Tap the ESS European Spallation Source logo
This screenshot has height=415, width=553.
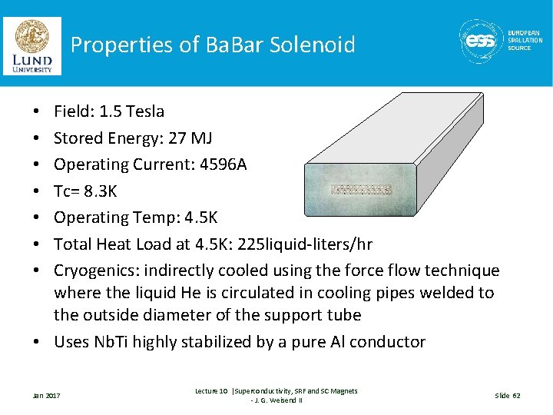[x=499, y=41]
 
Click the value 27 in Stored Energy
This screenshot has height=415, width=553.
[x=178, y=138]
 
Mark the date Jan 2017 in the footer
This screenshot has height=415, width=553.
[x=47, y=396]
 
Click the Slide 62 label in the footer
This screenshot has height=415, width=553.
[x=507, y=396]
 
